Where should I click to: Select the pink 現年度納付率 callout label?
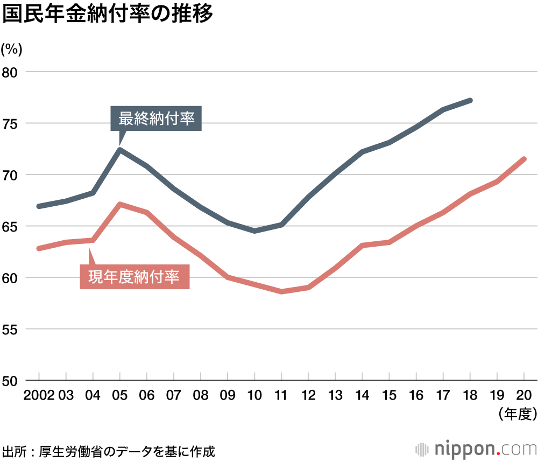pos(134,277)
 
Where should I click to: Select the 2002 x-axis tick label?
pos(39,395)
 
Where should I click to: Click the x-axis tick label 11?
pos(281,395)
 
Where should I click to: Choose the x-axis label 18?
pos(470,395)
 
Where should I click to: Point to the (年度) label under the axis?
pos(517,414)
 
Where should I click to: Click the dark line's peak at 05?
pos(120,150)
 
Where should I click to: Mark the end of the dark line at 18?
pos(470,100)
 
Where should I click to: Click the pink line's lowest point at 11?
pos(281,291)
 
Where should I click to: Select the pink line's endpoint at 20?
pos(524,159)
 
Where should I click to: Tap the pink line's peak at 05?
pos(120,205)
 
